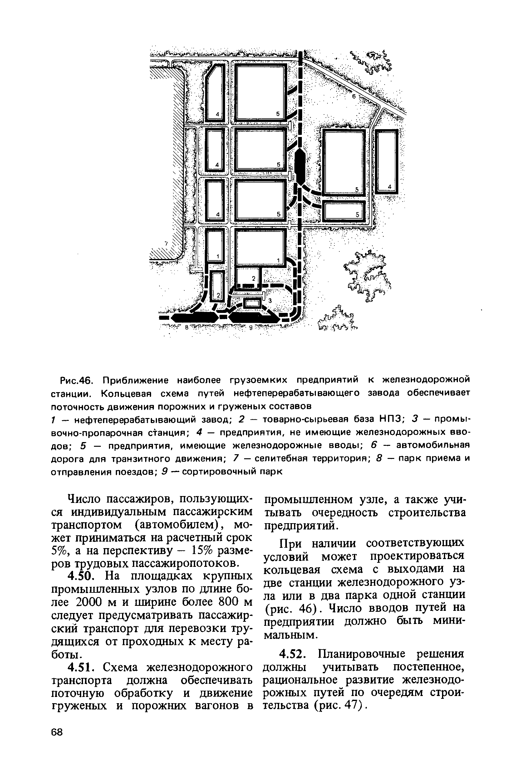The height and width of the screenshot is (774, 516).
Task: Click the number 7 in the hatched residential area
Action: pyautogui.click(x=166, y=244)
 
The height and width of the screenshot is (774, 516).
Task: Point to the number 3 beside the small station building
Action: pyautogui.click(x=270, y=300)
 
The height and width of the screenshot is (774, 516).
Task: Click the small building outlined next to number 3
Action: pyautogui.click(x=253, y=302)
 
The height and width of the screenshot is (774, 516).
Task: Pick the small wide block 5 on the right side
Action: pyautogui.click(x=344, y=211)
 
